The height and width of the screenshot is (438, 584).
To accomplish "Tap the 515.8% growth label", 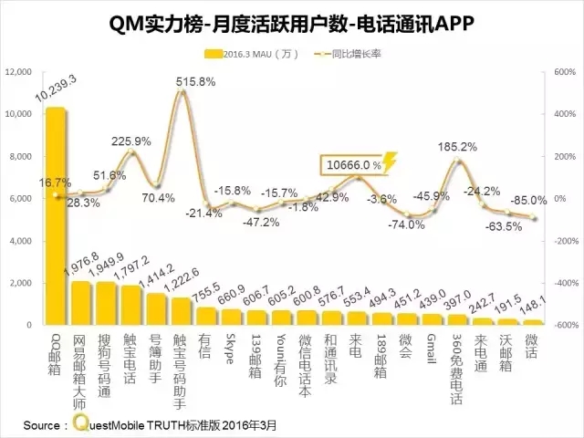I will [x=195, y=81].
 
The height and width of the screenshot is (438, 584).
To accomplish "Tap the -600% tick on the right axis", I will [x=558, y=325].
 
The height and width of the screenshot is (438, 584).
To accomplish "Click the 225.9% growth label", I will [x=130, y=141].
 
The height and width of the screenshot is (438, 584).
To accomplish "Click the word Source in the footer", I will [x=44, y=424].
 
